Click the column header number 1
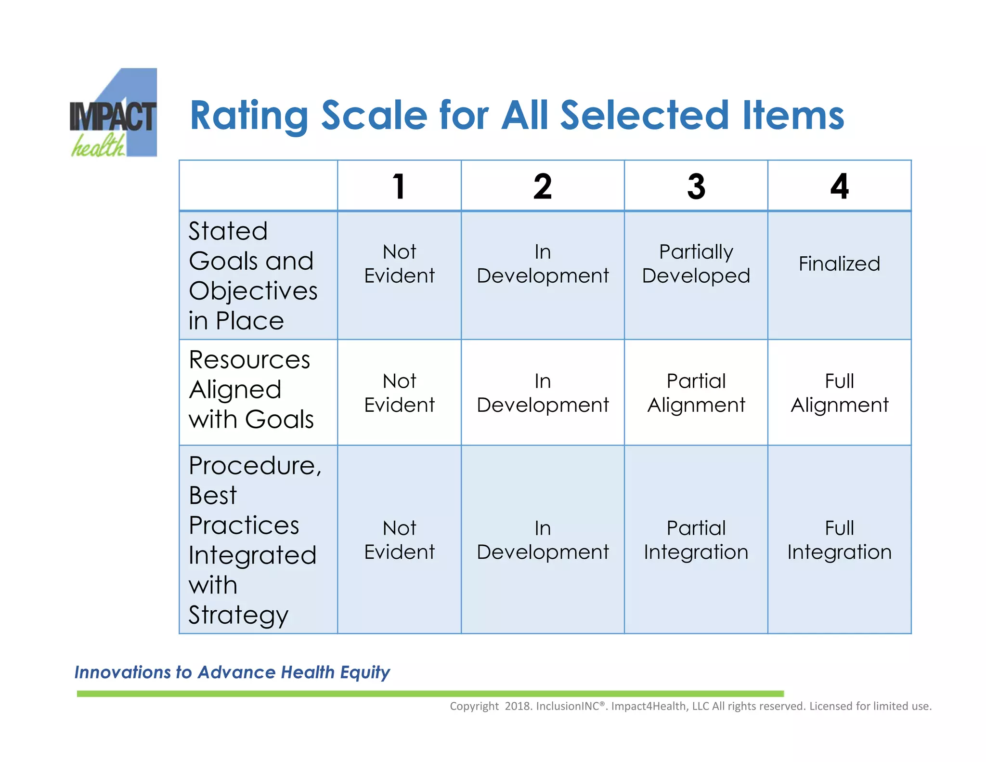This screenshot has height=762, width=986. click(399, 186)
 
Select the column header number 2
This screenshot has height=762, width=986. click(543, 186)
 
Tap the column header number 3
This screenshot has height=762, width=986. click(696, 186)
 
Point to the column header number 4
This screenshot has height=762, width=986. click(840, 186)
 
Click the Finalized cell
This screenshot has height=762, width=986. click(839, 264)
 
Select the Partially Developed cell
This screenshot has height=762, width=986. click(696, 264)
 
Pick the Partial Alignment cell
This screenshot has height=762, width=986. click(696, 393)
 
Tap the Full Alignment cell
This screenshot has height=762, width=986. click(839, 393)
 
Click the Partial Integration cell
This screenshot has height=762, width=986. click(696, 540)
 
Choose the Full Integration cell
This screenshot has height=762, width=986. click(839, 540)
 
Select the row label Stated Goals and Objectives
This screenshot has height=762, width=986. click(252, 276)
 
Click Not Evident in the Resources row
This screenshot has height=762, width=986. click(399, 393)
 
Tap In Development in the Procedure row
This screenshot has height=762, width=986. click(543, 540)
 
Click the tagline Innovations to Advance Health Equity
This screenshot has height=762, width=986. click(232, 672)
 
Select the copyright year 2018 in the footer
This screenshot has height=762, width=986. click(517, 706)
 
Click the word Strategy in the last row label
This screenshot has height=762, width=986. click(238, 615)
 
